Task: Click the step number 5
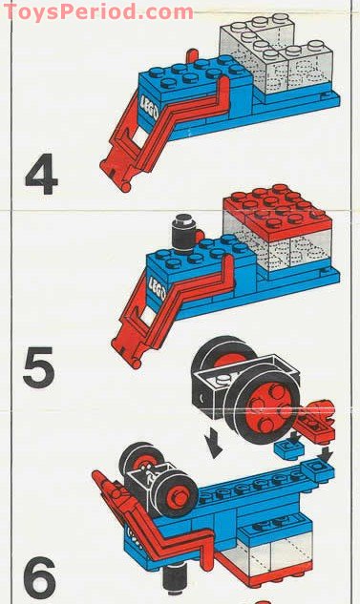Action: (x=38, y=368)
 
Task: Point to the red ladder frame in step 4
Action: (x=162, y=134)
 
